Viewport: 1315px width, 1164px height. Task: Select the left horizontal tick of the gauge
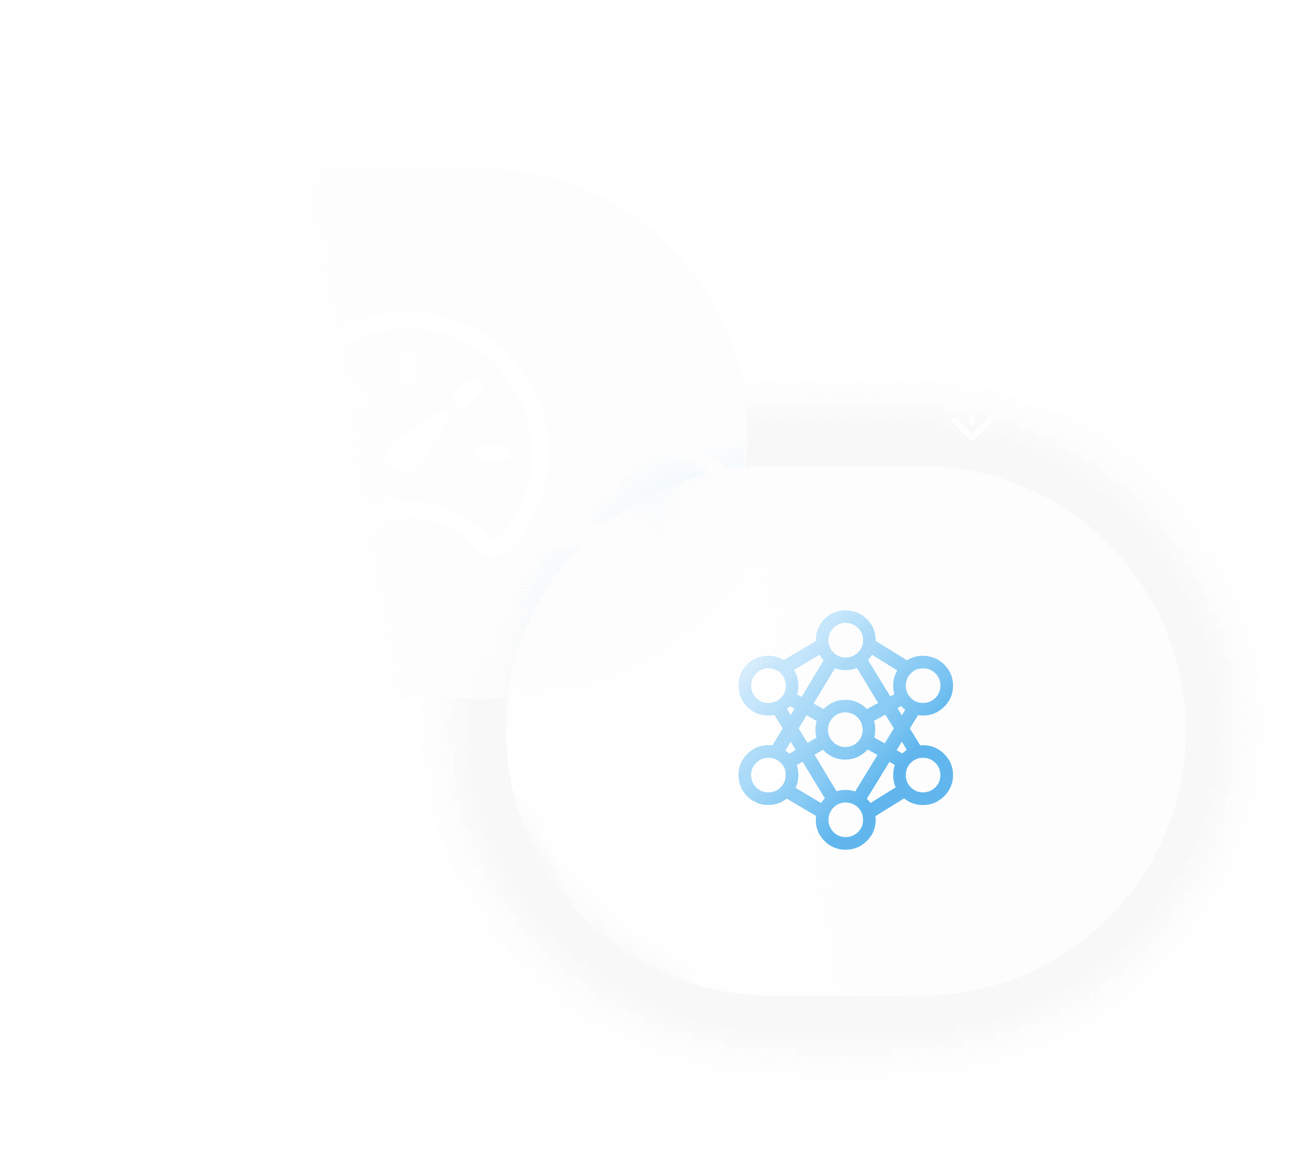(322, 453)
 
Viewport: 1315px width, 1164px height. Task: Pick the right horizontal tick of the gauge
(493, 453)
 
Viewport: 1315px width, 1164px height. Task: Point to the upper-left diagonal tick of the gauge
(346, 392)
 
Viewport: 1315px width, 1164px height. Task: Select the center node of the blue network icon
(845, 729)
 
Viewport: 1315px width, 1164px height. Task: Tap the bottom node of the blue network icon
(845, 820)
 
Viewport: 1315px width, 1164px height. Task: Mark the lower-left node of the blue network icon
(768, 775)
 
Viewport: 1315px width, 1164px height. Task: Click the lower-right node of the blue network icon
(923, 775)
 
